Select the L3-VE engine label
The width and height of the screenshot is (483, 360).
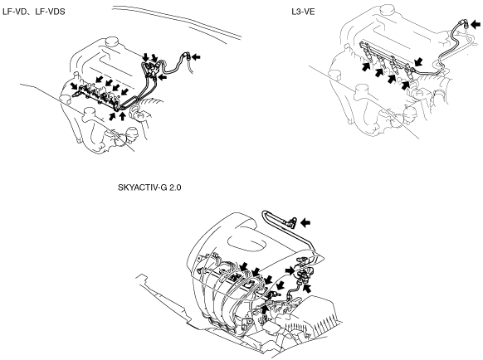click(x=303, y=12)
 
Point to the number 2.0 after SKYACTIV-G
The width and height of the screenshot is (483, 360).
click(x=175, y=187)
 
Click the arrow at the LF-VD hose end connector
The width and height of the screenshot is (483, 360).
click(x=196, y=56)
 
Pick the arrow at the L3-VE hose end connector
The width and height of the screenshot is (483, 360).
click(x=476, y=24)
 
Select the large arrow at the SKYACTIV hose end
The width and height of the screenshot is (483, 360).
click(x=305, y=222)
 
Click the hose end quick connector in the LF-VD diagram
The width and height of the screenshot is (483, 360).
click(x=188, y=56)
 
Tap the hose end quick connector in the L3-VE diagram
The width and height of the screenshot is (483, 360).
click(x=464, y=24)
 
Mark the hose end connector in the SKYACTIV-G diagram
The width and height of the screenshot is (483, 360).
click(x=292, y=221)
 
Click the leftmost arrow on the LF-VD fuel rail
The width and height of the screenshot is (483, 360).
click(x=74, y=85)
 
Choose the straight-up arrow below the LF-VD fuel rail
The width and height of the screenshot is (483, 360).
click(x=122, y=116)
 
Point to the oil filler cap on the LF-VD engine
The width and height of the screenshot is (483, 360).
click(x=111, y=41)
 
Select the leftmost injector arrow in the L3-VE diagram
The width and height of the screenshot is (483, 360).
click(x=366, y=66)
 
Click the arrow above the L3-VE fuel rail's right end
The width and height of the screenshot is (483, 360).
click(x=418, y=61)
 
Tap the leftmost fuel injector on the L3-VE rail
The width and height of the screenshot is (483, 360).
click(x=369, y=55)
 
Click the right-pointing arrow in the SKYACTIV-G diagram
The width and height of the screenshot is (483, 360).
click(x=290, y=270)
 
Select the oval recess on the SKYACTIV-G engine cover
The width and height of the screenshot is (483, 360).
click(x=246, y=244)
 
